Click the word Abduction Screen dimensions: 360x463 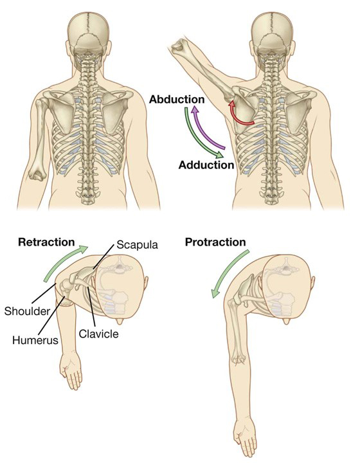click(x=177, y=99)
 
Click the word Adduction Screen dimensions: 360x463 click(x=206, y=165)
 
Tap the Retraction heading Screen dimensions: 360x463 click(x=46, y=242)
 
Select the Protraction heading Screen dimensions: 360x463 click(x=215, y=242)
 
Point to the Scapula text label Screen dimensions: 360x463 click(x=137, y=245)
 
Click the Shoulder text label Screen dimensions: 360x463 click(x=27, y=311)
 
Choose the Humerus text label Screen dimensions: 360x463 click(x=35, y=340)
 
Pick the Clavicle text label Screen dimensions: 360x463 click(x=98, y=334)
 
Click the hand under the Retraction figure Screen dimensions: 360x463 click(x=71, y=370)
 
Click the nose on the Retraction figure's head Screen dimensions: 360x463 click(x=120, y=321)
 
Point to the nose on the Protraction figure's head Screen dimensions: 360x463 click(x=286, y=321)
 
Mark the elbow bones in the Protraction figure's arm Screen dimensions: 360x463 click(x=238, y=359)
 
